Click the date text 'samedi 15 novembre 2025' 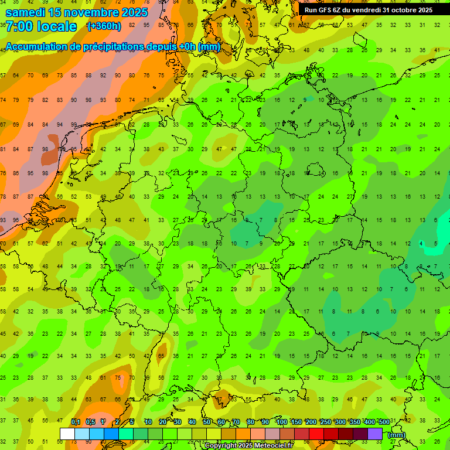[77, 12]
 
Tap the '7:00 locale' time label [41, 26]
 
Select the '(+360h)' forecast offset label [104, 26]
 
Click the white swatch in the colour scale [67, 434]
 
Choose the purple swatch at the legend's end [375, 434]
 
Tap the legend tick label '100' [282, 422]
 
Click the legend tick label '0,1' [76, 422]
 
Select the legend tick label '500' [384, 422]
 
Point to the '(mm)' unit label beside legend [397, 435]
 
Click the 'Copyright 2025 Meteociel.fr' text [248, 446]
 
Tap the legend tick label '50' [207, 422]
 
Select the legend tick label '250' [325, 422]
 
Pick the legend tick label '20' [162, 422]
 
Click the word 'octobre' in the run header [401, 10]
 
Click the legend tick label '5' [132, 422]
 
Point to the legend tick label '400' [369, 422]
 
